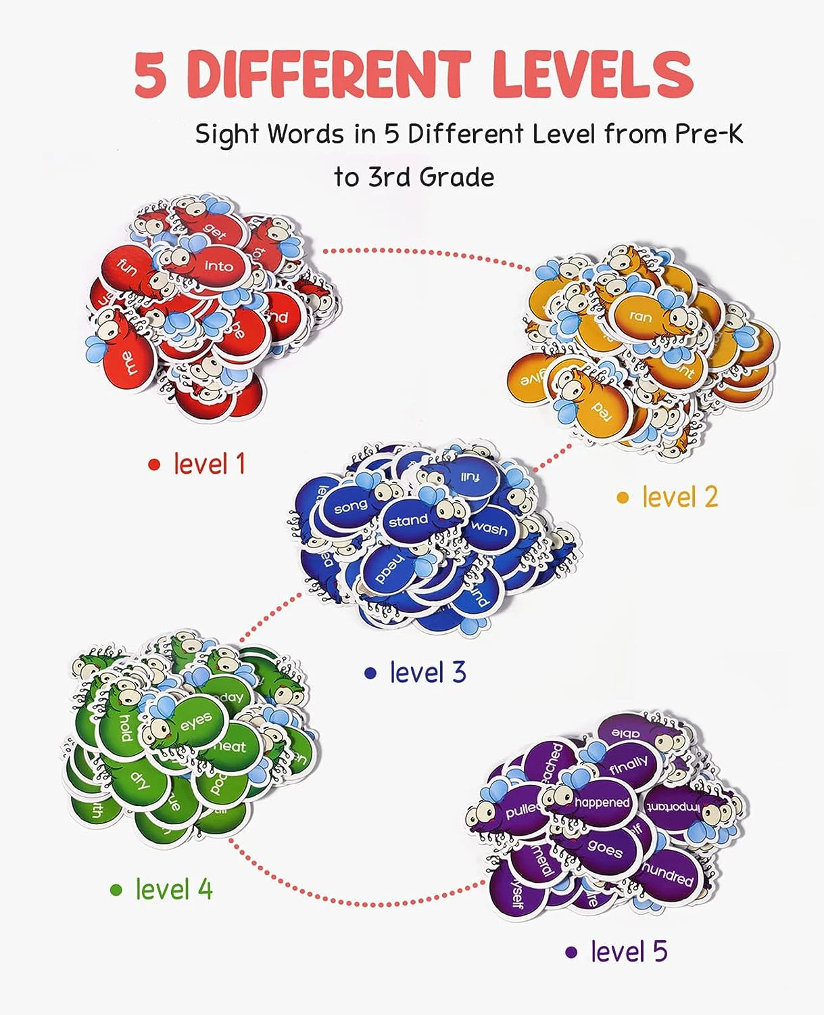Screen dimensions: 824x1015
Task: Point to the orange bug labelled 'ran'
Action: tap(641, 315)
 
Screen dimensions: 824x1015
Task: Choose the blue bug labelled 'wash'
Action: tap(489, 528)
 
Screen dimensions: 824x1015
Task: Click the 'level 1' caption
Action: tap(209, 464)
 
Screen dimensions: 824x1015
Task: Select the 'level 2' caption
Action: tap(679, 497)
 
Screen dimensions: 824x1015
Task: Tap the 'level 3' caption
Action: tap(427, 673)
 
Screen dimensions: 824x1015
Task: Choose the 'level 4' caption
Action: tap(174, 889)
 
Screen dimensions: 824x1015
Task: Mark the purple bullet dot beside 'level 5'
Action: tap(572, 953)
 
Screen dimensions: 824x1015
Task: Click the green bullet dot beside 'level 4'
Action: tap(116, 890)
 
